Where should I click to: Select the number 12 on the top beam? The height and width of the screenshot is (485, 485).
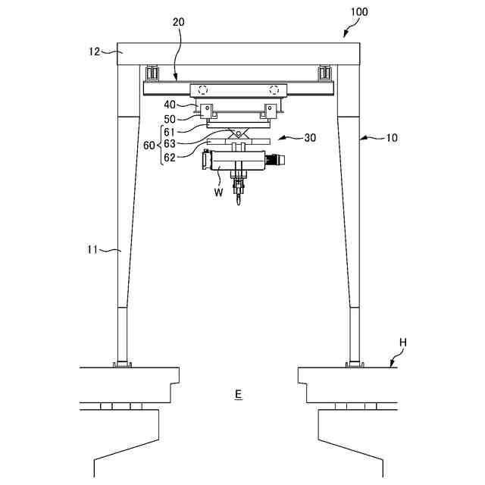point(93,52)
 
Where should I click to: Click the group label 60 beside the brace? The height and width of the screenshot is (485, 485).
point(149,144)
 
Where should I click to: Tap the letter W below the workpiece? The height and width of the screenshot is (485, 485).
point(218,192)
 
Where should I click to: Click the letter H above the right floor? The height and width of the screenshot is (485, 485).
point(402,342)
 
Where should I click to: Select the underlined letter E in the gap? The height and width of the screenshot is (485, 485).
point(238,394)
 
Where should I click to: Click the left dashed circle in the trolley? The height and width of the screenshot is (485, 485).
point(203,89)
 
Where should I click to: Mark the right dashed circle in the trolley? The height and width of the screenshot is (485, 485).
point(274,89)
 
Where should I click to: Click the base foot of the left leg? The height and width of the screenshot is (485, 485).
point(122,365)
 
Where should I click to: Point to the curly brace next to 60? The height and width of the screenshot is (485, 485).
point(158,144)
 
